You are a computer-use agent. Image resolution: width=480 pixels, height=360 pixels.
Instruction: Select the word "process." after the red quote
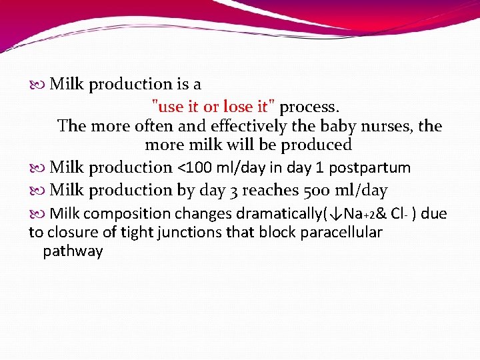(309, 107)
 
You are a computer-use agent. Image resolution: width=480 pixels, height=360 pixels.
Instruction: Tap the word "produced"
(317, 145)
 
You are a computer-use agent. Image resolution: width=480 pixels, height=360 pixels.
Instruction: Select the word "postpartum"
(370, 168)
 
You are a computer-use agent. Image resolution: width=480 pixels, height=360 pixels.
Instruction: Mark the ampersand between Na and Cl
(381, 214)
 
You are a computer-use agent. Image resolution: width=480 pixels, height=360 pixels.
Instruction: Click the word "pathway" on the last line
(73, 251)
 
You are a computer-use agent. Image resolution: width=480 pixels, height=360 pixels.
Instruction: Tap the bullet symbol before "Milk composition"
(38, 214)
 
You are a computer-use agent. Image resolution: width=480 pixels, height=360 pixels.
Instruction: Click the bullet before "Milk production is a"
(38, 85)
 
